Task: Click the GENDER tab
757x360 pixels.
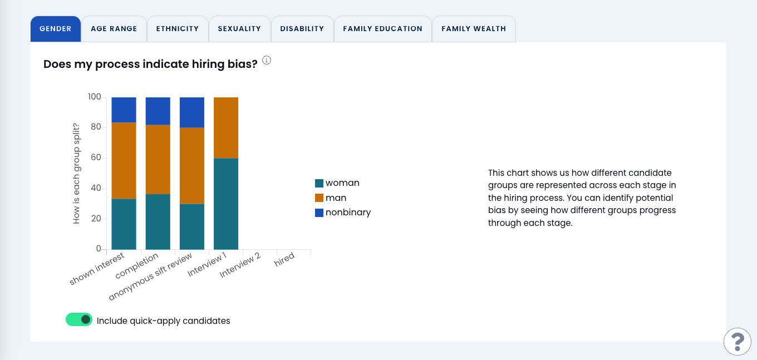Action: (x=56, y=29)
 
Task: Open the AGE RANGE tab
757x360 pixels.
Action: (x=114, y=29)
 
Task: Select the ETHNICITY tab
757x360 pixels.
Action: (x=178, y=29)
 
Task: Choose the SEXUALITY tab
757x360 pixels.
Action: (x=239, y=29)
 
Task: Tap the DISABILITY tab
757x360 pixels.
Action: (x=302, y=29)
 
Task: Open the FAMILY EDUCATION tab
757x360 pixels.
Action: (x=383, y=29)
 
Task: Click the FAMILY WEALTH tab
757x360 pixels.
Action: (x=474, y=29)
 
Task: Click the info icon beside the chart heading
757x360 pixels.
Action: (x=267, y=60)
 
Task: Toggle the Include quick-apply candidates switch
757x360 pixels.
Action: (x=79, y=319)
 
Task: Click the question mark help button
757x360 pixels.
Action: (x=738, y=341)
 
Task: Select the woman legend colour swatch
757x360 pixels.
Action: (x=319, y=183)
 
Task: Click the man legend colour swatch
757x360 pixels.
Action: (x=319, y=198)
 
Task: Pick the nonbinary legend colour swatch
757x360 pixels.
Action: (x=319, y=213)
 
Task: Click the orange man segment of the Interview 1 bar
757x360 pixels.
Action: (x=226, y=127)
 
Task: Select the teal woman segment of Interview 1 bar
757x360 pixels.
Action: (x=226, y=204)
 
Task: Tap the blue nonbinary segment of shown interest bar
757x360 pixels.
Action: (x=124, y=110)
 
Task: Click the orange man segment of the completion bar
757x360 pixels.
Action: (x=158, y=159)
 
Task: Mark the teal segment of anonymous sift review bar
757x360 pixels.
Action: (x=192, y=226)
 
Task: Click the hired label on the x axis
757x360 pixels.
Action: (x=284, y=260)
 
